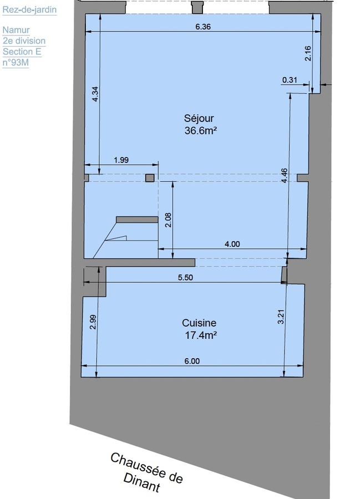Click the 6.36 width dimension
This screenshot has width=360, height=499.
pos(203,27)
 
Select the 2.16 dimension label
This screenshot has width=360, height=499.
pos(309,54)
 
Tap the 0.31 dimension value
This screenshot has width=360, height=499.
pos(290,80)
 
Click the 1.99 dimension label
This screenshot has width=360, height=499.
pos(121,160)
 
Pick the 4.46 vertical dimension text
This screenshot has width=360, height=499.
pos(284,175)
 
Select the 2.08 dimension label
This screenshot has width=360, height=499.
pos(168,221)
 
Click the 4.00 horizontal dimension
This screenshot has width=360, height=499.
pos(232,243)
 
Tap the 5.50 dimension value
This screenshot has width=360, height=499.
pos(185,278)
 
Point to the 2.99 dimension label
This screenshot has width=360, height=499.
pos(93,323)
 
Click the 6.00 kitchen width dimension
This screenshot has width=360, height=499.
pos(191,361)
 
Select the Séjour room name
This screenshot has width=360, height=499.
pos(199,118)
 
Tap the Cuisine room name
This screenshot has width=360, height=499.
pos(199,323)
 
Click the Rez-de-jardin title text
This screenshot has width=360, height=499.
pos(29,9)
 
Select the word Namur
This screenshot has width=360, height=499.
pos(16,30)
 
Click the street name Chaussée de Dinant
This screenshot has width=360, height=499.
pos(146,472)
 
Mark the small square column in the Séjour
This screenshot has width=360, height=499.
pos(149,177)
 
